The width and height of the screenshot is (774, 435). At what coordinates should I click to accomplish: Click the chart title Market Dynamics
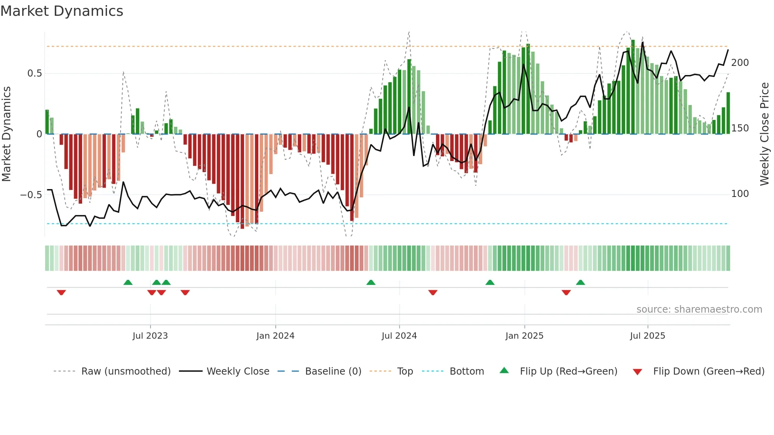coord(62,11)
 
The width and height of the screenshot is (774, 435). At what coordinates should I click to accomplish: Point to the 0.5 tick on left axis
coord(34,73)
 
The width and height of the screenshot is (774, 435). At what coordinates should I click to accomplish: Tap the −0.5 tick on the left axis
coord(31,195)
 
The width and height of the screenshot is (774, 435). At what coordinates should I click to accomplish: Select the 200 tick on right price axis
coord(740,63)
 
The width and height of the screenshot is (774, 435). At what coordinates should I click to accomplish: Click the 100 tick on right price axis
coord(740,194)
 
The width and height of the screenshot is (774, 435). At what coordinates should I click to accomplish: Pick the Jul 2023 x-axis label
coord(150,336)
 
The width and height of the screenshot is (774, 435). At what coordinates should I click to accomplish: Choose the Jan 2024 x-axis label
coord(275,336)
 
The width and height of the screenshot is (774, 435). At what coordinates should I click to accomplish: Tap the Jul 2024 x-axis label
coord(399,336)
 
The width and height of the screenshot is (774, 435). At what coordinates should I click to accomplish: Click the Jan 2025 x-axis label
coord(524,336)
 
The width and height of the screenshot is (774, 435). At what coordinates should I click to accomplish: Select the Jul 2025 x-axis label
coord(648,336)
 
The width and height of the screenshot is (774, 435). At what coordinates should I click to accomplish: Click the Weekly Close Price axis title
coord(765,134)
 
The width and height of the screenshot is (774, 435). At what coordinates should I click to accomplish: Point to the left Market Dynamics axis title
coord(6,134)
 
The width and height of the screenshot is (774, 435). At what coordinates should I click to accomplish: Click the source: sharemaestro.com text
coord(699,309)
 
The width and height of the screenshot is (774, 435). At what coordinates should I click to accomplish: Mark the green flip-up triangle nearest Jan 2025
coord(490,283)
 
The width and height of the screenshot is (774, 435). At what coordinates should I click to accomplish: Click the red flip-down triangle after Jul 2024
coord(433,292)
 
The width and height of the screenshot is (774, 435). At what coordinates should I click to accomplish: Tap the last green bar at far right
coord(728,114)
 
